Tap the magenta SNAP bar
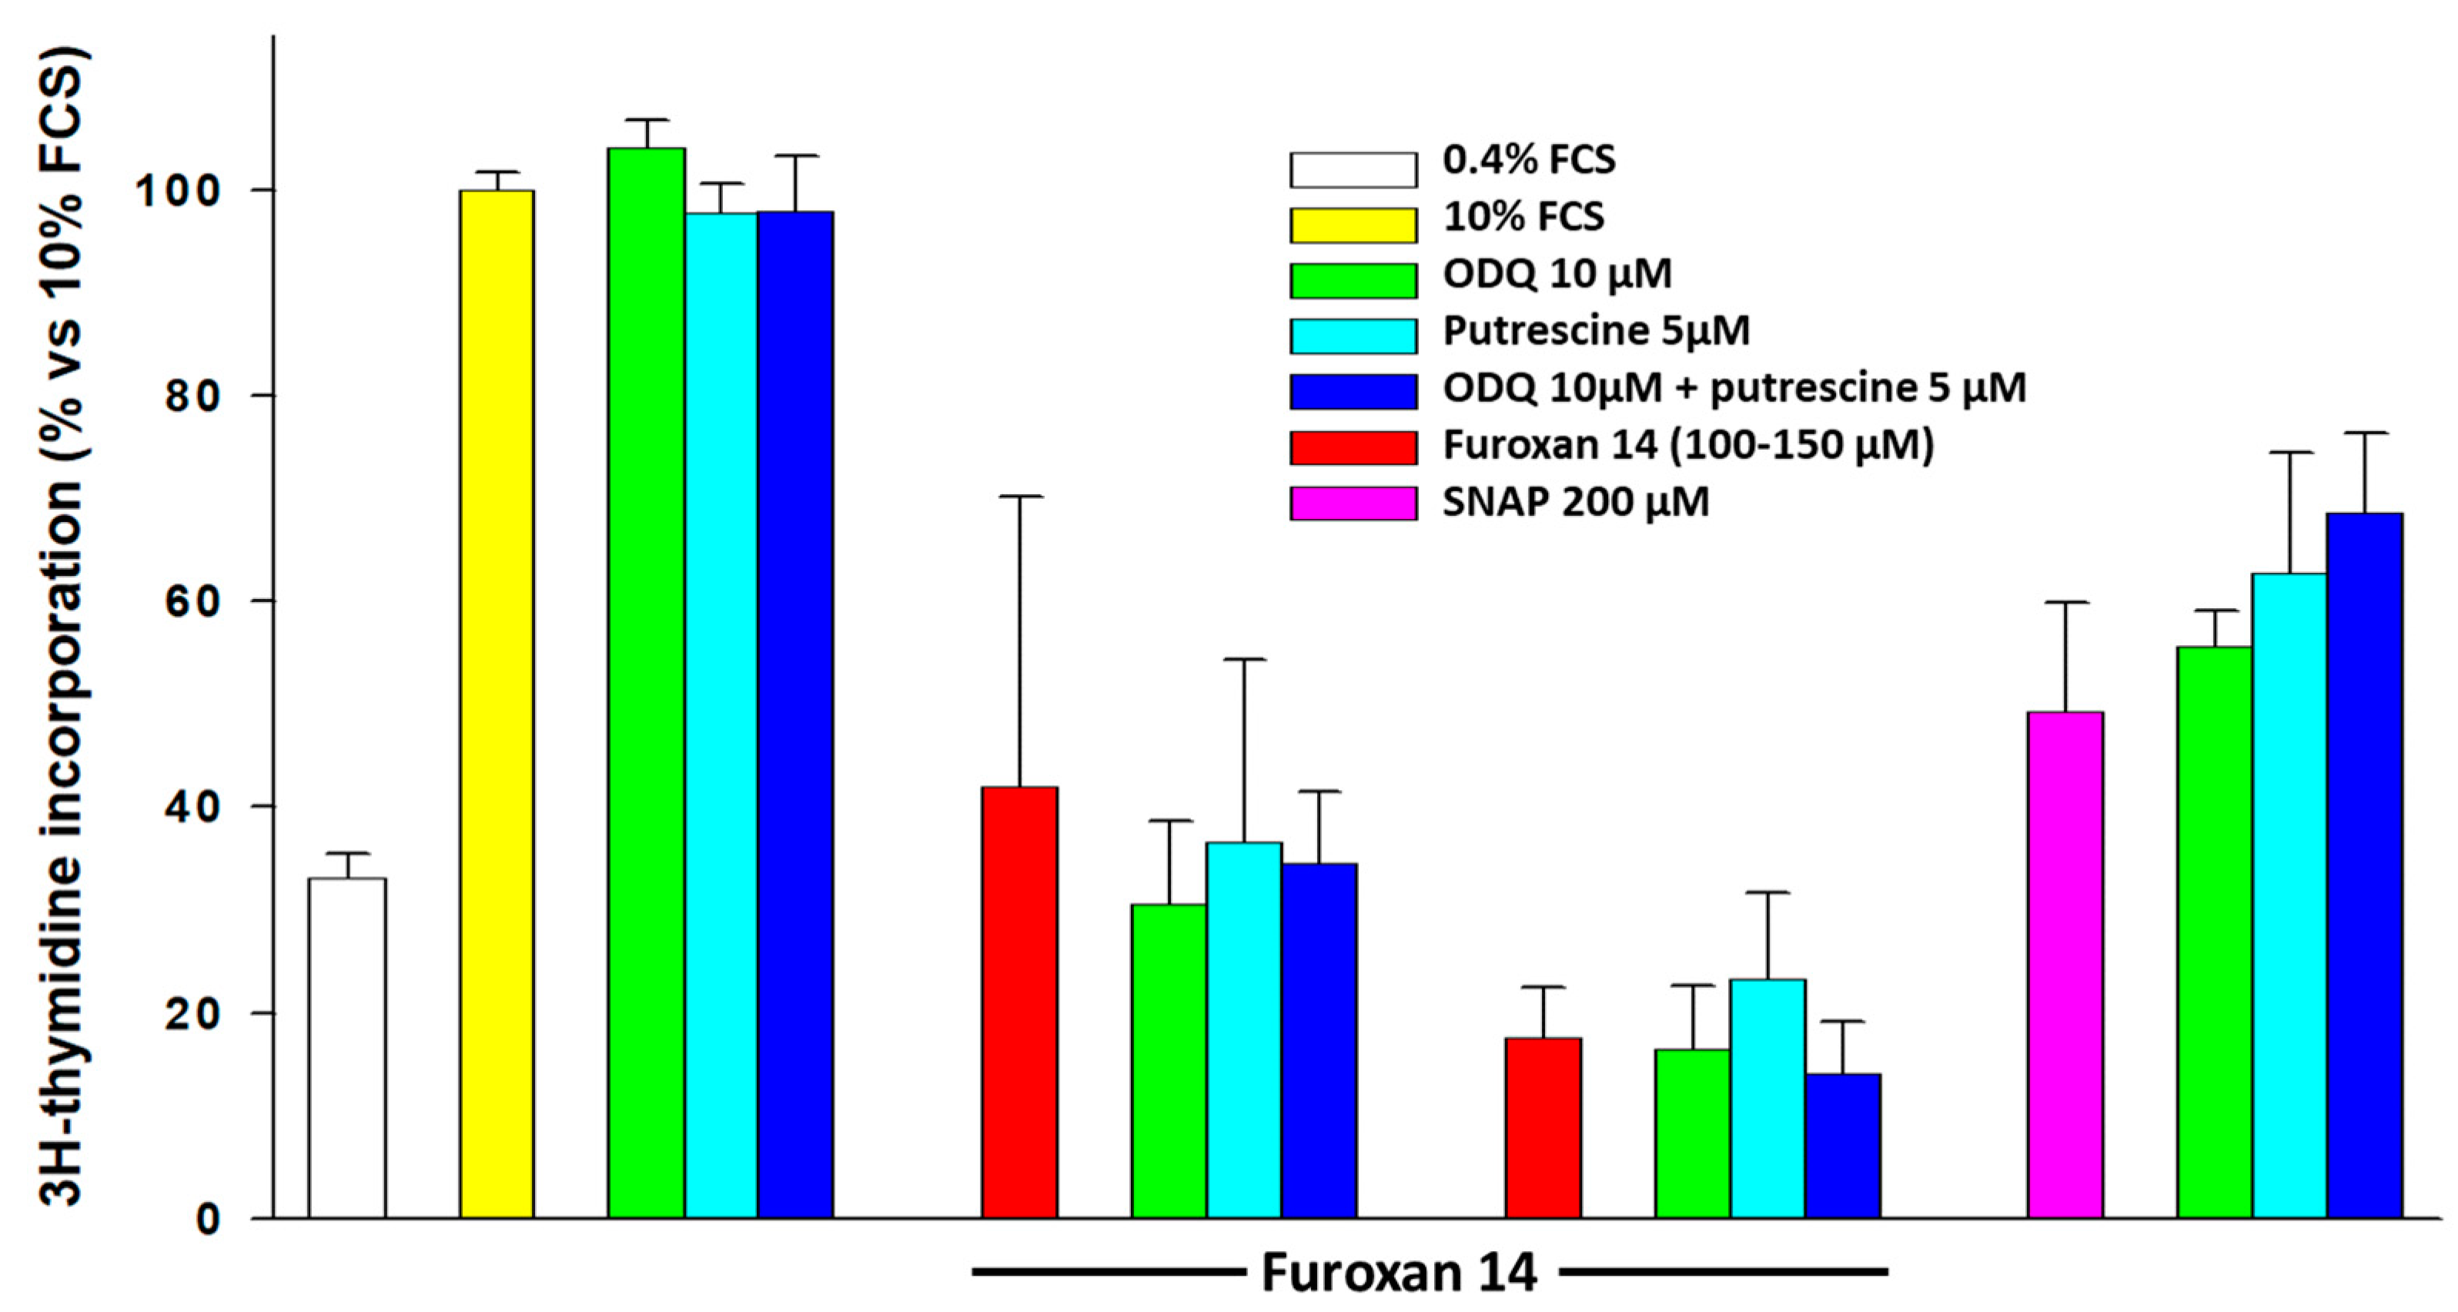[x=2065, y=965]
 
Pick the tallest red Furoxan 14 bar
[x=1020, y=1002]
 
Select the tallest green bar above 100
[x=647, y=682]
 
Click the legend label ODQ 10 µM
[x=1557, y=275]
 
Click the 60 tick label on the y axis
[x=191, y=601]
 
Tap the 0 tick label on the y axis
[x=208, y=1220]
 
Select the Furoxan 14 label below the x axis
[x=1399, y=1272]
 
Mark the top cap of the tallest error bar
[x=1020, y=496]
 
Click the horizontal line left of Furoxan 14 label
[x=1107, y=1272]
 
